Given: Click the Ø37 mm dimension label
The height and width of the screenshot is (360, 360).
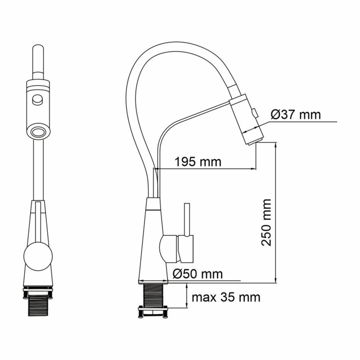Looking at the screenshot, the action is tap(296, 114).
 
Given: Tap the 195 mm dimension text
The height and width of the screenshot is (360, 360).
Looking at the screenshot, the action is tap(198, 162).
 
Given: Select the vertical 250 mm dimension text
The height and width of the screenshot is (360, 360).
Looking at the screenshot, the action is tap(266, 222).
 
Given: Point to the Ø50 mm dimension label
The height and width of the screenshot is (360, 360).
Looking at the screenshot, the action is tap(198, 274).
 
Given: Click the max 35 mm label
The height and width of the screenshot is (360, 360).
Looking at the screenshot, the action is tap(226, 297).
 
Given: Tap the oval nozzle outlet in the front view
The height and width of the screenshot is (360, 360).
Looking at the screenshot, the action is tap(38, 133).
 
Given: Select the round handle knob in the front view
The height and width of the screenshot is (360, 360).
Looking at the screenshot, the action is tap(38, 256).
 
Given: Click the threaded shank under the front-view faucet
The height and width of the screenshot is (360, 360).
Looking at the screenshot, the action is tap(38, 303).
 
